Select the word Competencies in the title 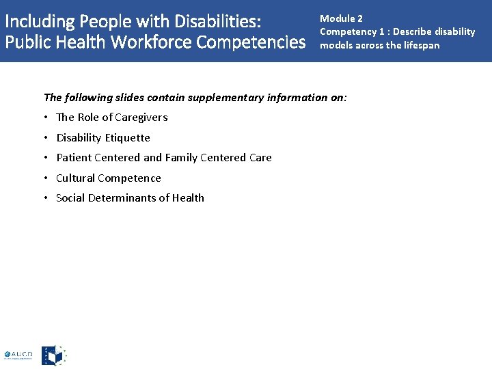point(251,42)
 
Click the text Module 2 point(341,18)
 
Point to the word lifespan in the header point(421,45)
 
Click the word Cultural point(77,178)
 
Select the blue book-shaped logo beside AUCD point(53,355)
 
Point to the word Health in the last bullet point(188,198)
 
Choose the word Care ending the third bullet point(260,158)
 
